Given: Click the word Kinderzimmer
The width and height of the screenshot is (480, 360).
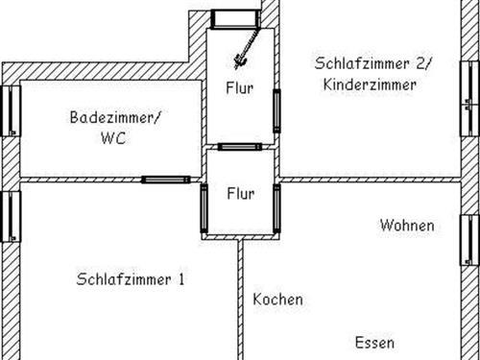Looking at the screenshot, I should tap(370, 84).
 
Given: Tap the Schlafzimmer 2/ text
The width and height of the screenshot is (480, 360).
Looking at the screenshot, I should tap(373, 63).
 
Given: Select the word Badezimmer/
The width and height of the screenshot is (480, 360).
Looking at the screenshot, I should tap(116, 118).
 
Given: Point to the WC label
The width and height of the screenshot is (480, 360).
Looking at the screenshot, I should tap(112, 138).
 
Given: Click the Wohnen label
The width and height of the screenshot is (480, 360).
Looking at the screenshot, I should tap(406, 227).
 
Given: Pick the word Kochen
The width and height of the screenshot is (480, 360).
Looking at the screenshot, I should tap(277, 300).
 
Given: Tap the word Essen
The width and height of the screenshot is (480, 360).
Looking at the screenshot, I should tap(374, 343).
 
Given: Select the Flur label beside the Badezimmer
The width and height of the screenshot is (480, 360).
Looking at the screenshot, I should tap(240, 90).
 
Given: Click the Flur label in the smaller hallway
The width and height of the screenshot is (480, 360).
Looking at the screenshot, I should tap(240, 194).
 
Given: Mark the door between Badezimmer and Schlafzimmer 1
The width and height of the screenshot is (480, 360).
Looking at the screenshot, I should tap(165, 180).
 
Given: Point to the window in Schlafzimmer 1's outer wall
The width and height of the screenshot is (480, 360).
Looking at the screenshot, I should tap(12, 215).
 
